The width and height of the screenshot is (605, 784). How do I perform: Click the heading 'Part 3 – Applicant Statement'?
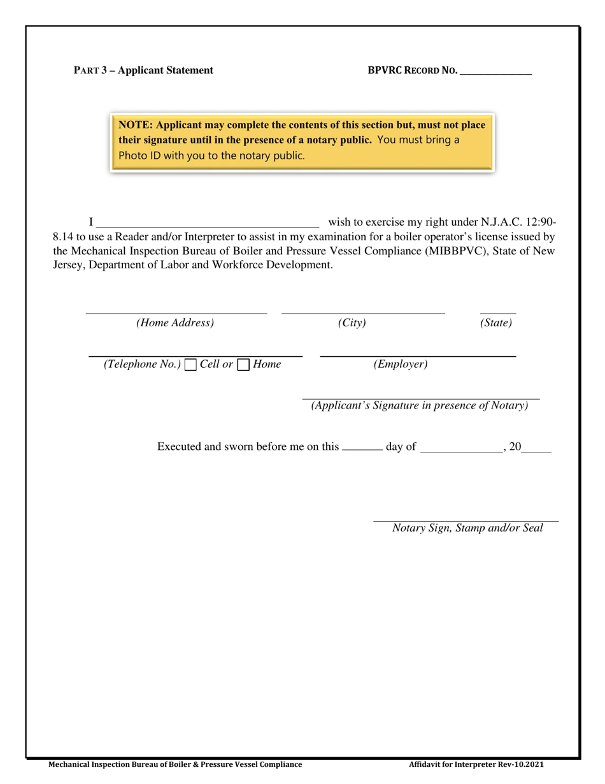(x=143, y=71)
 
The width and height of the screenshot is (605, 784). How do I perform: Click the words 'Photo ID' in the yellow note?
(x=140, y=155)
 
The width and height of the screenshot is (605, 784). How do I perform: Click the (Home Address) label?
(x=175, y=323)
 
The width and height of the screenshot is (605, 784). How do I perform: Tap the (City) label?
(x=352, y=323)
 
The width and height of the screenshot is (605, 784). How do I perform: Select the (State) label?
(x=496, y=323)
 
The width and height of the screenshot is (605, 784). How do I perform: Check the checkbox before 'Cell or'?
(x=190, y=365)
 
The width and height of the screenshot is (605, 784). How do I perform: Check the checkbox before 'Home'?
(x=243, y=365)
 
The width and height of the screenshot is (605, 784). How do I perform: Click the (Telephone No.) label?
(x=143, y=365)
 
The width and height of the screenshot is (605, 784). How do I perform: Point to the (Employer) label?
(x=401, y=365)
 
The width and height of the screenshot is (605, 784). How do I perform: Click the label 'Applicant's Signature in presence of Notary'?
(x=420, y=406)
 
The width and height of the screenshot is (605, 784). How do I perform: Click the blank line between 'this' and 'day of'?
(x=362, y=448)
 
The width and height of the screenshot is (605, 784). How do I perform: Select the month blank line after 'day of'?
(x=462, y=449)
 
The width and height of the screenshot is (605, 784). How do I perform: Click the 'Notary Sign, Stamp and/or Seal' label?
(x=467, y=528)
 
